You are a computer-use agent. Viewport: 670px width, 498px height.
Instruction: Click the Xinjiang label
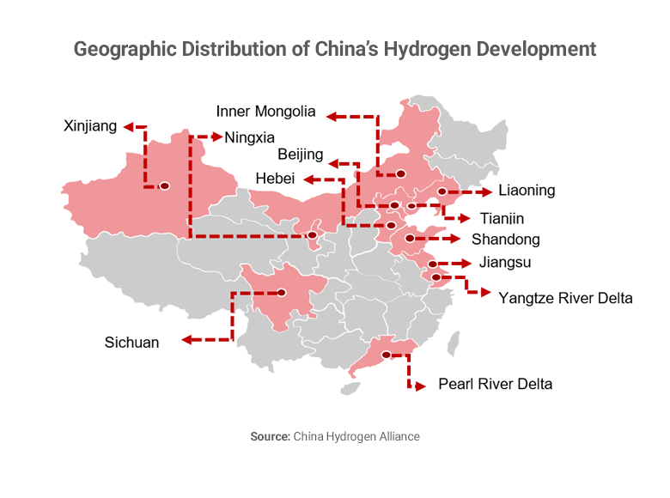pyautogui.click(x=90, y=126)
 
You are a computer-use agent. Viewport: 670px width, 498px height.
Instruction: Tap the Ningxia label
pyautogui.click(x=250, y=137)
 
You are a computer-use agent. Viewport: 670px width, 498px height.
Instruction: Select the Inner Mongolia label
pyautogui.click(x=266, y=112)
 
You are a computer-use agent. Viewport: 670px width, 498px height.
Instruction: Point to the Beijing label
pyautogui.click(x=301, y=155)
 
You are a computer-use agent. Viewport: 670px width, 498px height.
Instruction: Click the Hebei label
pyautogui.click(x=276, y=179)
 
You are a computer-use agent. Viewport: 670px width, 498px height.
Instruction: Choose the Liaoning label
pyautogui.click(x=527, y=191)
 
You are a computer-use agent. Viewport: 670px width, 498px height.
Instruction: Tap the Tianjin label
pyautogui.click(x=502, y=219)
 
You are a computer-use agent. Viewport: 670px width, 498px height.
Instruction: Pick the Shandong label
pyautogui.click(x=505, y=240)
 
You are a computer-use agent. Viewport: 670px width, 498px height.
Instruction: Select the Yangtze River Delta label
pyautogui.click(x=565, y=299)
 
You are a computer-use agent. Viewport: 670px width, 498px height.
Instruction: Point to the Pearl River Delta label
pyautogui.click(x=495, y=384)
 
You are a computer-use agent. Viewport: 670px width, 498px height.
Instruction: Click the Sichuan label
pyautogui.click(x=132, y=343)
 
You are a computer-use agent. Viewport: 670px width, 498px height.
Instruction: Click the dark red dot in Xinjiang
pyautogui.click(x=164, y=185)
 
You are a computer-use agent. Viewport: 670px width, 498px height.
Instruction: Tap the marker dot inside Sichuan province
pyautogui.click(x=280, y=293)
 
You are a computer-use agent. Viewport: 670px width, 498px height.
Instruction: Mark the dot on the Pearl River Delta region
pyautogui.click(x=386, y=355)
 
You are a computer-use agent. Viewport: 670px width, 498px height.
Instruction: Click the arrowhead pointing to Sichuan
pyautogui.click(x=188, y=341)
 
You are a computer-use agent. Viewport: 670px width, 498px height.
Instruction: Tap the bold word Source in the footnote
pyautogui.click(x=270, y=436)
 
